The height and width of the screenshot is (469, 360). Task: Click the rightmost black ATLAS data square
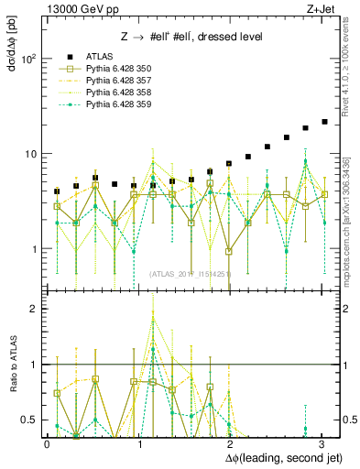coord(324,122)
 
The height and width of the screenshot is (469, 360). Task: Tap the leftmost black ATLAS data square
coord(57,191)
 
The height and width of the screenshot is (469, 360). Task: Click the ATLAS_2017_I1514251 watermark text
coord(191,273)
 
